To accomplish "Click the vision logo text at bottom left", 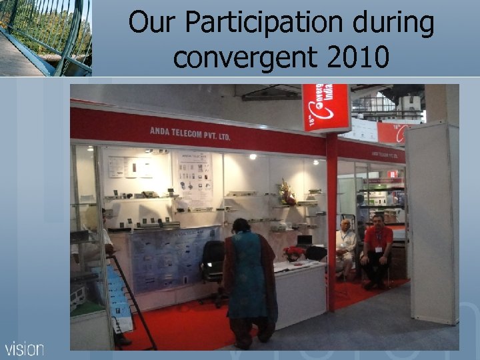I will click(x=25, y=348).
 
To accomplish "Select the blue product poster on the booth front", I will click(x=175, y=257).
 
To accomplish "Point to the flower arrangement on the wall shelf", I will click(x=287, y=191).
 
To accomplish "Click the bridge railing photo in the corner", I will click(x=45, y=37).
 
